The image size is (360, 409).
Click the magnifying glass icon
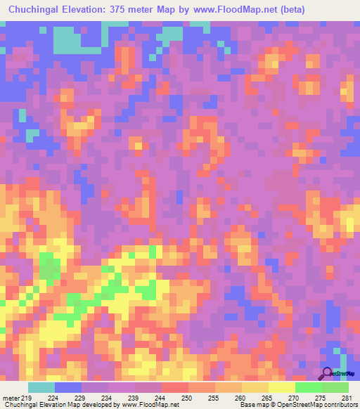(x=328, y=373)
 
